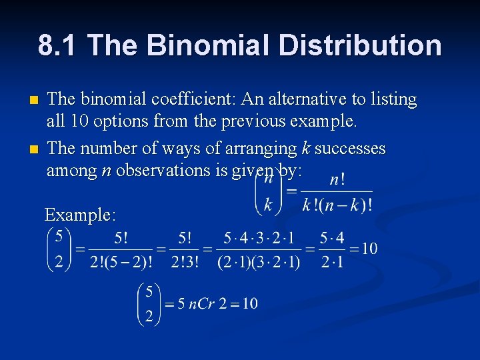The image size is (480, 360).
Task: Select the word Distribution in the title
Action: pos(360,45)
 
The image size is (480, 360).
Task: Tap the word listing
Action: pos(394,99)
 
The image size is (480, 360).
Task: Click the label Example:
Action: pos(80,215)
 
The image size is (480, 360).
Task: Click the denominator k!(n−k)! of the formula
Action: pos(336,205)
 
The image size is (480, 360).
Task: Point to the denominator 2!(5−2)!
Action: pos(121,261)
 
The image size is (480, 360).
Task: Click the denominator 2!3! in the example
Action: pos(184,261)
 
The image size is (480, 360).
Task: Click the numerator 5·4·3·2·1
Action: pos(258,237)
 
